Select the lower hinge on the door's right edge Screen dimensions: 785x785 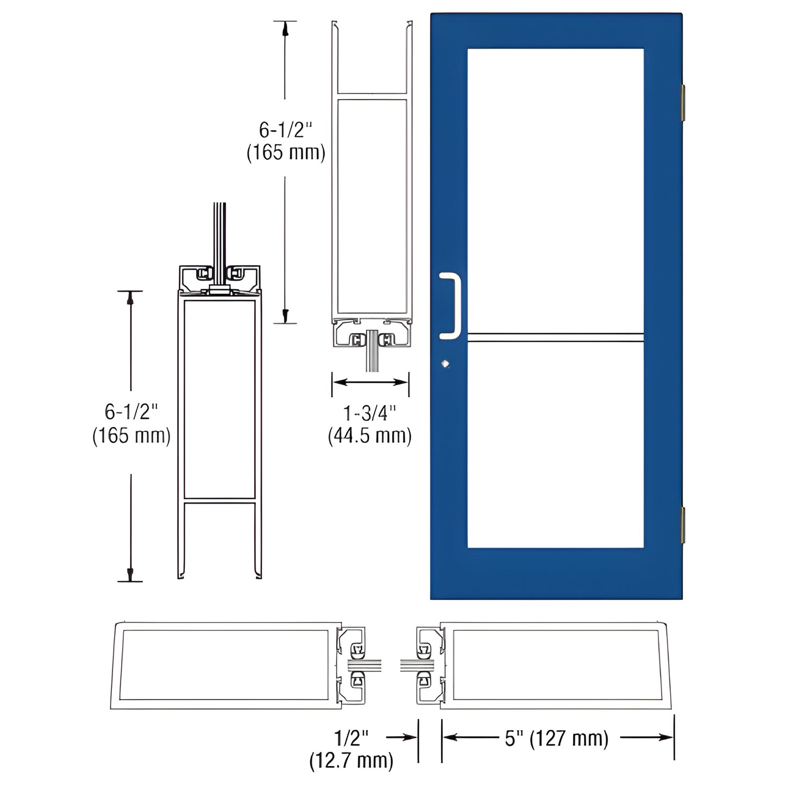[x=683, y=524]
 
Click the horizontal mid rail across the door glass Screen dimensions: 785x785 [x=555, y=337]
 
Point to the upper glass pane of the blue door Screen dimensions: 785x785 [x=555, y=190]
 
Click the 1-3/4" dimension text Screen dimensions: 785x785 [x=370, y=413]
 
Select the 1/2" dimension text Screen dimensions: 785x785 [x=351, y=738]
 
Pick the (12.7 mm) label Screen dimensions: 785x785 [x=351, y=761]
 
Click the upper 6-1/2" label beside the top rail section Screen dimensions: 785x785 [x=286, y=130]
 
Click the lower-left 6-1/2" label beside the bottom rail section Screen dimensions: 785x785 [x=131, y=412]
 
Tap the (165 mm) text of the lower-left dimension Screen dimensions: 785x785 [x=131, y=436]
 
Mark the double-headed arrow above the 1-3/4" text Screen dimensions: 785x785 [x=370, y=382]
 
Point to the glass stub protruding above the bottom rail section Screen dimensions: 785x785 [x=219, y=234]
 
